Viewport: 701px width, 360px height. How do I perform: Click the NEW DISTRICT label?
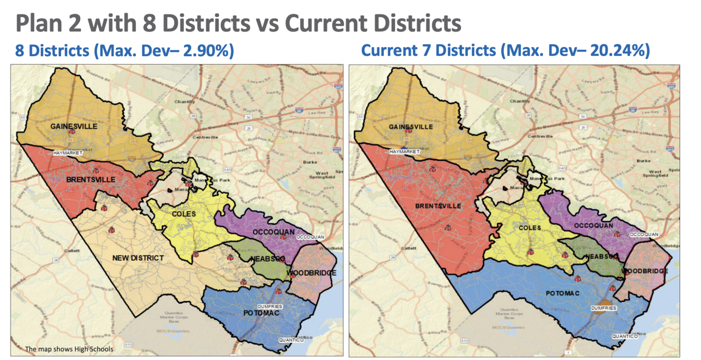(138, 258)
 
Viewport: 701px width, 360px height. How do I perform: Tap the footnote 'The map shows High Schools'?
(69, 348)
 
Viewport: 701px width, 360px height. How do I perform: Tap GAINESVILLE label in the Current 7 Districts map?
(411, 127)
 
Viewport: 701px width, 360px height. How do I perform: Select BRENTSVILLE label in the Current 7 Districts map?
(439, 206)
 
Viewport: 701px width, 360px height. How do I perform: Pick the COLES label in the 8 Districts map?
(183, 214)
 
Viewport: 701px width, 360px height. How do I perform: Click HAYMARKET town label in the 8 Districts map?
(68, 153)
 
